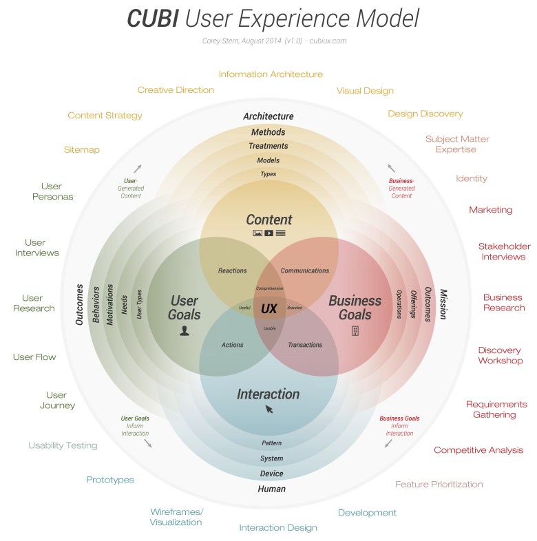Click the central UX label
pyautogui.click(x=268, y=309)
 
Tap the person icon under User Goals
pyautogui.click(x=184, y=331)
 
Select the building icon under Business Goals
pyautogui.click(x=355, y=331)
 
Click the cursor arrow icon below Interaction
pyautogui.click(x=269, y=410)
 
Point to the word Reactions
pyautogui.click(x=232, y=270)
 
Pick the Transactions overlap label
pyautogui.click(x=305, y=345)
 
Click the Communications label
pyautogui.click(x=305, y=270)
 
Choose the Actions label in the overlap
pyautogui.click(x=232, y=345)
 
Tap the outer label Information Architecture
pyautogui.click(x=271, y=74)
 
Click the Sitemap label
pyautogui.click(x=82, y=149)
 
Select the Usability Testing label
pyautogui.click(x=63, y=445)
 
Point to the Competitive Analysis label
pyautogui.click(x=478, y=450)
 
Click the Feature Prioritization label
pyautogui.click(x=439, y=485)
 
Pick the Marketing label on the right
pyautogui.click(x=491, y=210)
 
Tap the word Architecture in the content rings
pyautogui.click(x=268, y=116)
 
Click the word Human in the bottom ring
pyautogui.click(x=271, y=489)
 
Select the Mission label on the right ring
pyautogui.click(x=443, y=304)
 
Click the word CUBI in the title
pyautogui.click(x=151, y=19)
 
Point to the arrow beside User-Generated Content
pyautogui.click(x=138, y=168)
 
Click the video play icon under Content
pyautogui.click(x=268, y=233)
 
